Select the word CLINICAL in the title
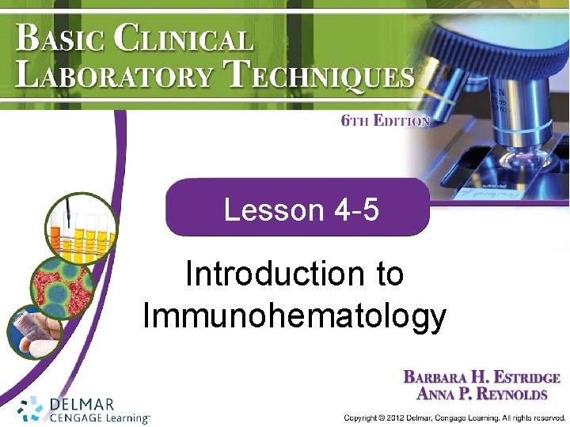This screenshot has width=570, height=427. click(x=184, y=38)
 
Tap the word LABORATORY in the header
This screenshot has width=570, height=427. click(x=115, y=77)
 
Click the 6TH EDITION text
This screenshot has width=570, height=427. click(x=385, y=121)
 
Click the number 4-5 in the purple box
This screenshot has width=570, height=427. click(x=356, y=210)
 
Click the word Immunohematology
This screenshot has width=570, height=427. click(x=294, y=316)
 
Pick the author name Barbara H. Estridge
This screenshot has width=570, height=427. click(x=481, y=378)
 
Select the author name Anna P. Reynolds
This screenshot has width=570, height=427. click(x=481, y=394)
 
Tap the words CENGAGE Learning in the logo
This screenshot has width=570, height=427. click(x=99, y=418)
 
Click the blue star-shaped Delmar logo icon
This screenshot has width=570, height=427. click(x=31, y=408)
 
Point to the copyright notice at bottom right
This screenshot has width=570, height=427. click(x=454, y=417)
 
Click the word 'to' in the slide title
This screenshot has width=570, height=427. click(x=389, y=274)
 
